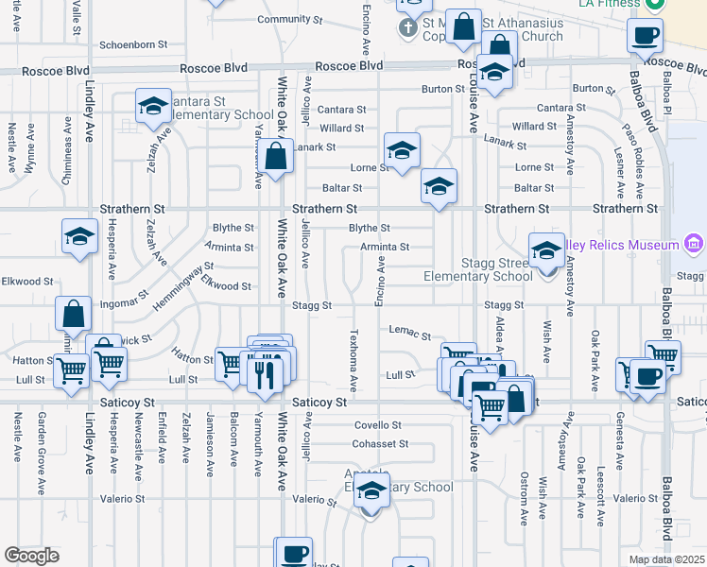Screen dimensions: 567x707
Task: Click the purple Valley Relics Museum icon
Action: [695, 245]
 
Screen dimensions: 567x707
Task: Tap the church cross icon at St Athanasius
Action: [407, 27]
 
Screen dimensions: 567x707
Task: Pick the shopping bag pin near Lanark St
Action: [275, 157]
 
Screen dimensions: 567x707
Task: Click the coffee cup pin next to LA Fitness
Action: [645, 37]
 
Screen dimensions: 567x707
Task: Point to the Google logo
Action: [31, 556]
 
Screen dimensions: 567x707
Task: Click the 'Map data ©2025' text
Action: [667, 559]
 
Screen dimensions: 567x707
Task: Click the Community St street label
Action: [284, 20]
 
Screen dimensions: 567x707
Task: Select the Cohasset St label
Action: [380, 443]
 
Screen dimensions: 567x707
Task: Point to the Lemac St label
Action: [410, 335]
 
